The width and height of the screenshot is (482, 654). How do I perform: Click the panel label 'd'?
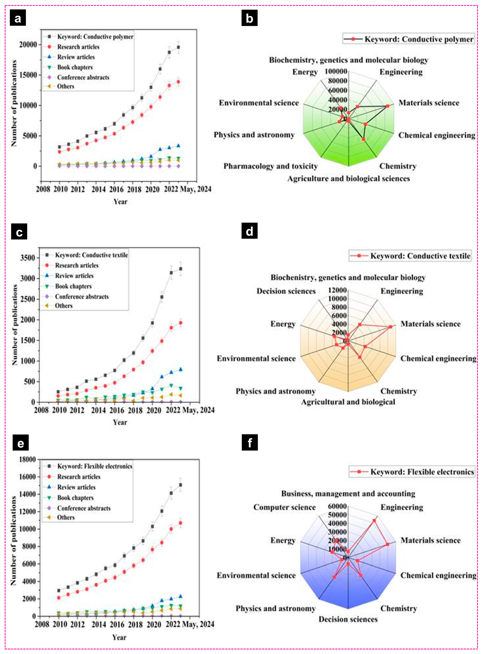(249, 231)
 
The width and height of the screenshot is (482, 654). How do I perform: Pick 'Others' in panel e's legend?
(66, 517)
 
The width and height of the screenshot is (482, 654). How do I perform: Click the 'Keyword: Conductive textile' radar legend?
(420, 256)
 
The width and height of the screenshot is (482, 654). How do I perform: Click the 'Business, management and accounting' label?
(348, 493)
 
